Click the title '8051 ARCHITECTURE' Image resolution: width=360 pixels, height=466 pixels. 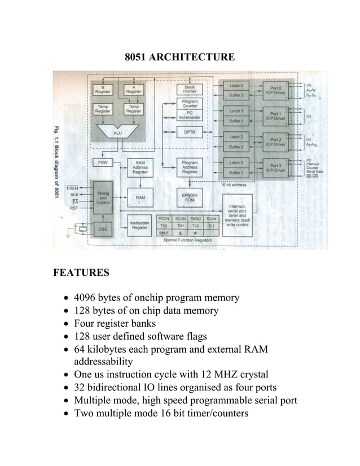(x=179, y=57)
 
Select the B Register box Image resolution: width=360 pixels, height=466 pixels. (x=103, y=89)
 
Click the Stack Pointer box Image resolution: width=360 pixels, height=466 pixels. (x=190, y=89)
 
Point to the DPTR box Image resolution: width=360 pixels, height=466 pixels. (x=190, y=132)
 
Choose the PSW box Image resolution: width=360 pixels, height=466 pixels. (x=103, y=162)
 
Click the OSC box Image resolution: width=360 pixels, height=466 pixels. (x=103, y=229)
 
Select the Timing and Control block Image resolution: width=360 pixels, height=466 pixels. (x=103, y=197)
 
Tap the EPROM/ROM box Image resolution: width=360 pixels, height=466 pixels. (x=190, y=197)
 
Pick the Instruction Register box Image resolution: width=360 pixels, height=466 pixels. (x=140, y=226)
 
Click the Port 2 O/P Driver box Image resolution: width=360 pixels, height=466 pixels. (x=276, y=141)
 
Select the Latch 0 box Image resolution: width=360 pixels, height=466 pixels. (x=236, y=85)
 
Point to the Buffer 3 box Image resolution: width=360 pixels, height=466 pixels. (x=236, y=173)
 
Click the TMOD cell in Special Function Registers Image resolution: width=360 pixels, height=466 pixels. (x=195, y=218)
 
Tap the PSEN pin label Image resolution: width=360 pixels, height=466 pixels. (x=72, y=187)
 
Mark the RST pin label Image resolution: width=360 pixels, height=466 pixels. (x=74, y=208)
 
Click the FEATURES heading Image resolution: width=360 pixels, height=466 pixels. (x=81, y=273)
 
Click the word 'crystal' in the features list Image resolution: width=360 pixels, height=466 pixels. (x=252, y=374)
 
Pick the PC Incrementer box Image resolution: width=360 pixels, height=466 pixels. (x=190, y=115)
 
